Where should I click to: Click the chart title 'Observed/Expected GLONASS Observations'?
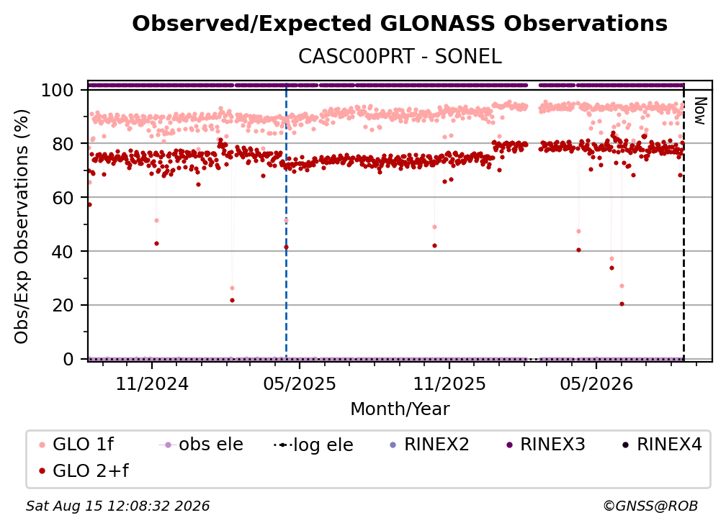(x=400, y=24)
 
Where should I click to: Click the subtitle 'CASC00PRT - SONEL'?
(x=400, y=56)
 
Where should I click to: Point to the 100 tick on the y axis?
(x=58, y=90)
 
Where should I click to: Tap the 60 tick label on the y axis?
(x=63, y=198)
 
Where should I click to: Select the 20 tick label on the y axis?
(x=63, y=306)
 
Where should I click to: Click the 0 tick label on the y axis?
(x=68, y=359)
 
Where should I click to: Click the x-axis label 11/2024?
(x=152, y=383)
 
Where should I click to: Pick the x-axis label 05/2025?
(x=300, y=383)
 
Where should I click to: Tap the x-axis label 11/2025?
(x=449, y=383)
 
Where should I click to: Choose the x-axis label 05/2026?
(x=596, y=383)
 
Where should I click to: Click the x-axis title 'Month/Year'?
(x=400, y=409)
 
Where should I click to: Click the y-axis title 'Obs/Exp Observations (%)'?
(x=22, y=226)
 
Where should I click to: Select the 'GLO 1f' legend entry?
(x=76, y=445)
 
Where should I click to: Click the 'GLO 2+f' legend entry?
(x=84, y=471)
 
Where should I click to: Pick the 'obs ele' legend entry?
(x=200, y=445)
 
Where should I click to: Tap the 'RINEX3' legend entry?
(x=546, y=445)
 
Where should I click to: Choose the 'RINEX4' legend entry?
(x=662, y=445)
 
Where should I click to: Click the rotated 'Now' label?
(x=699, y=111)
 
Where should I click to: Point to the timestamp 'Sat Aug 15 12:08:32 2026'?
(x=117, y=506)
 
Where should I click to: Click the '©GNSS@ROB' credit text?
(x=650, y=506)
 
